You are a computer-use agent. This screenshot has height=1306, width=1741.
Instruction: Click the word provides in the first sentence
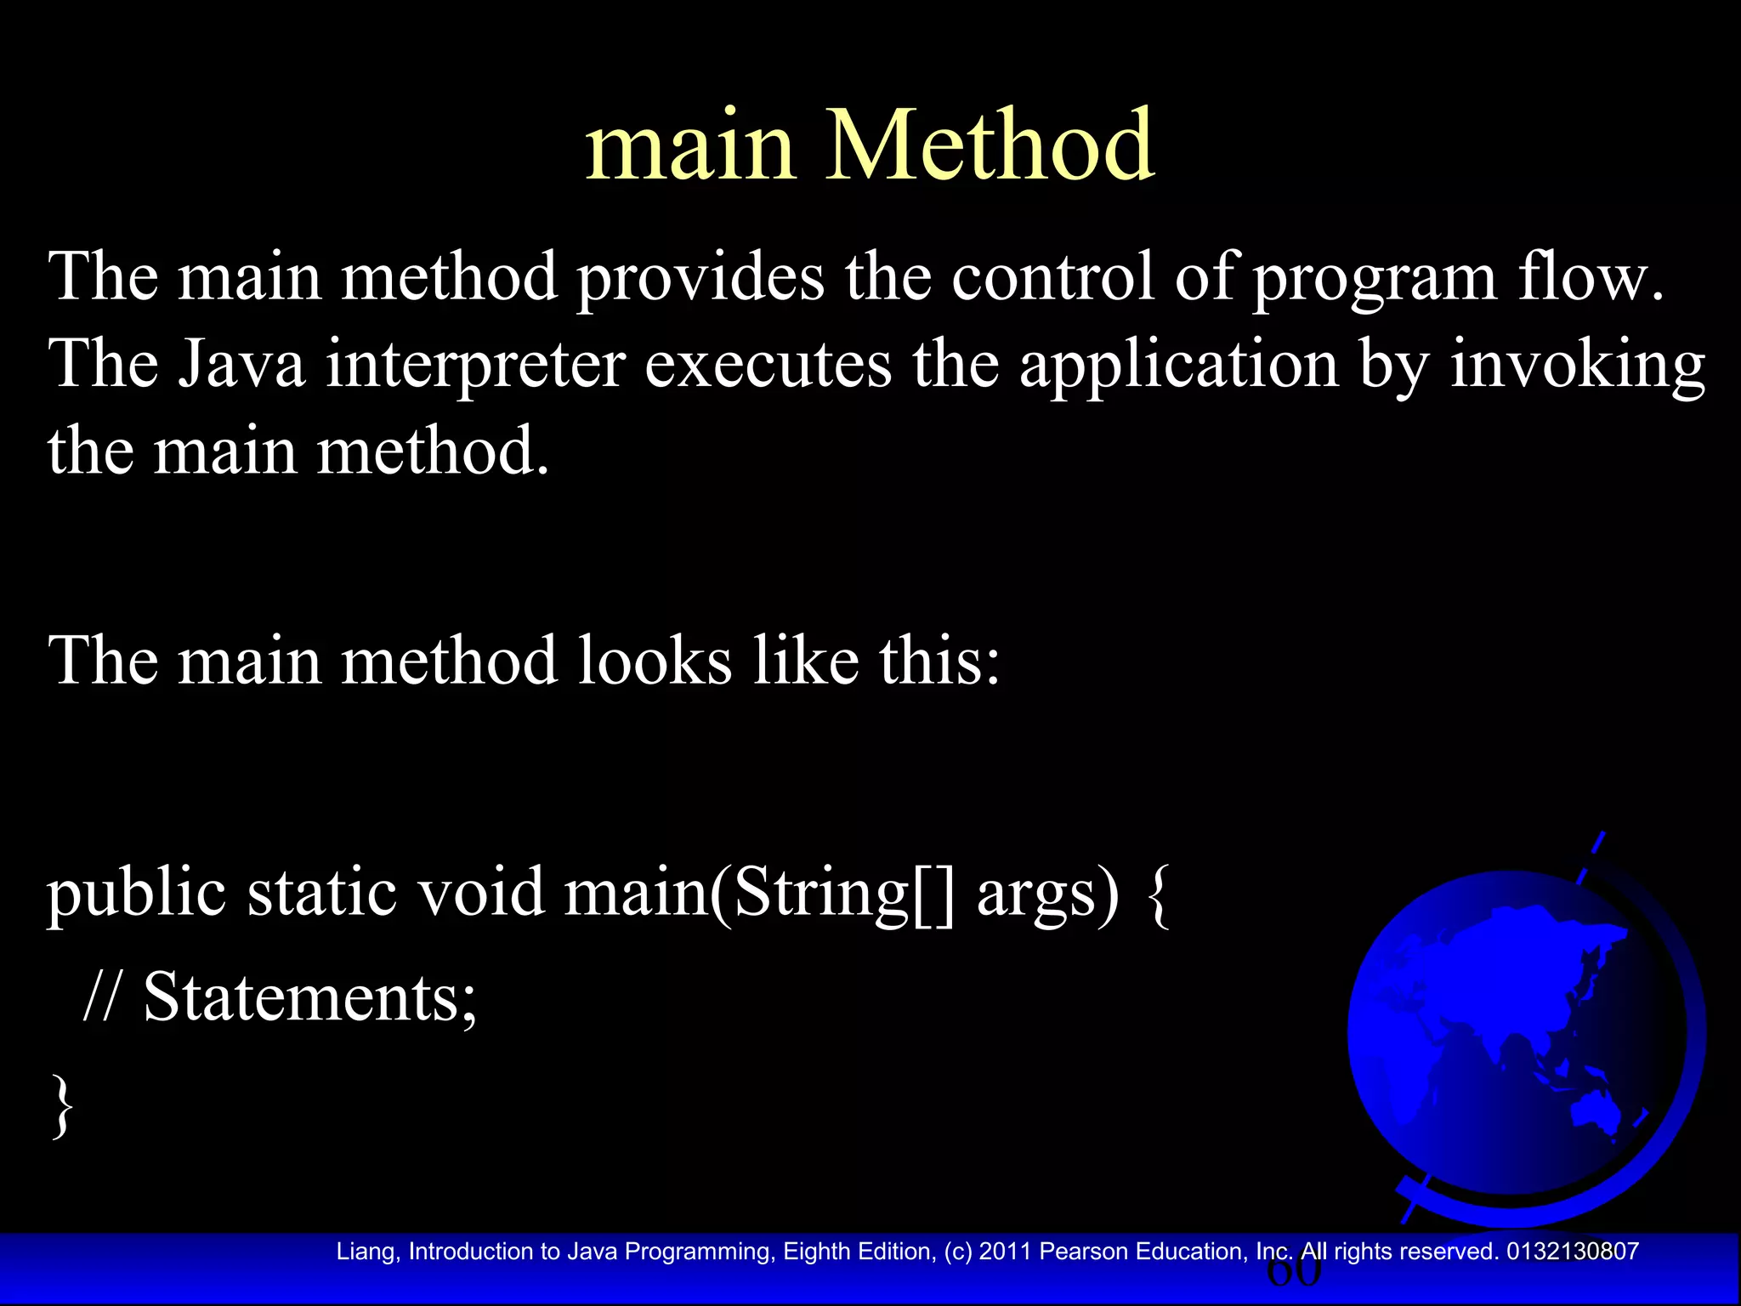(x=700, y=277)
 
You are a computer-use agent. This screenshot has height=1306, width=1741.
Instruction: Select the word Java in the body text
(x=241, y=364)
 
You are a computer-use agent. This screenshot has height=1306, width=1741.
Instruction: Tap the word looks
(x=655, y=661)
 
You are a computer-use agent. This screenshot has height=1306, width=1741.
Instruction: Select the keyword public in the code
(x=136, y=895)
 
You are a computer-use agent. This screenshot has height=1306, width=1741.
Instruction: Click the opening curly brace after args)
(x=1159, y=895)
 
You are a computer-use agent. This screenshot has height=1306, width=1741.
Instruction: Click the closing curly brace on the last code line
(x=62, y=1105)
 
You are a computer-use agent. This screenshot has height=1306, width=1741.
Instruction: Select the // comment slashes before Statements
(x=102, y=997)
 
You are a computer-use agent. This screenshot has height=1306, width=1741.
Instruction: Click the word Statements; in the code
(x=310, y=997)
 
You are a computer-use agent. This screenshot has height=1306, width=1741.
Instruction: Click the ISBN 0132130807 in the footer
(x=1572, y=1252)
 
